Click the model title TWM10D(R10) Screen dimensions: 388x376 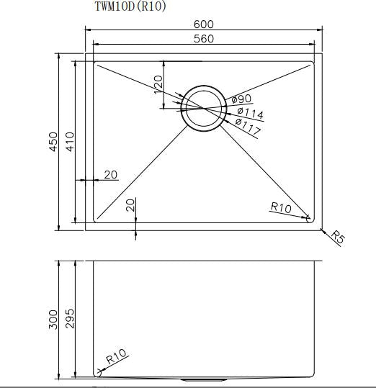coord(130,7)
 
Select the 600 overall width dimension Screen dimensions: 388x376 coord(204,24)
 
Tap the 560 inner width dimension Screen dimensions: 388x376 coord(204,39)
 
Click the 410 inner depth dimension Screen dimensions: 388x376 coord(69,142)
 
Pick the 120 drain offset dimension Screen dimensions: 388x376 coord(158,84)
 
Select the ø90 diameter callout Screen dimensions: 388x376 coord(241,99)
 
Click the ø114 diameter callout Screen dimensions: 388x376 coord(250,113)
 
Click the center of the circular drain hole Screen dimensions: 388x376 coord(203,109)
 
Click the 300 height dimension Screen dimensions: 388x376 coord(53,319)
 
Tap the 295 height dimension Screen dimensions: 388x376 coord(69,319)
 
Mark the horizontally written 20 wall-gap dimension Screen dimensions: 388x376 coord(111,174)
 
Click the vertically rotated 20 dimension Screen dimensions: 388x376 coord(130,205)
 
